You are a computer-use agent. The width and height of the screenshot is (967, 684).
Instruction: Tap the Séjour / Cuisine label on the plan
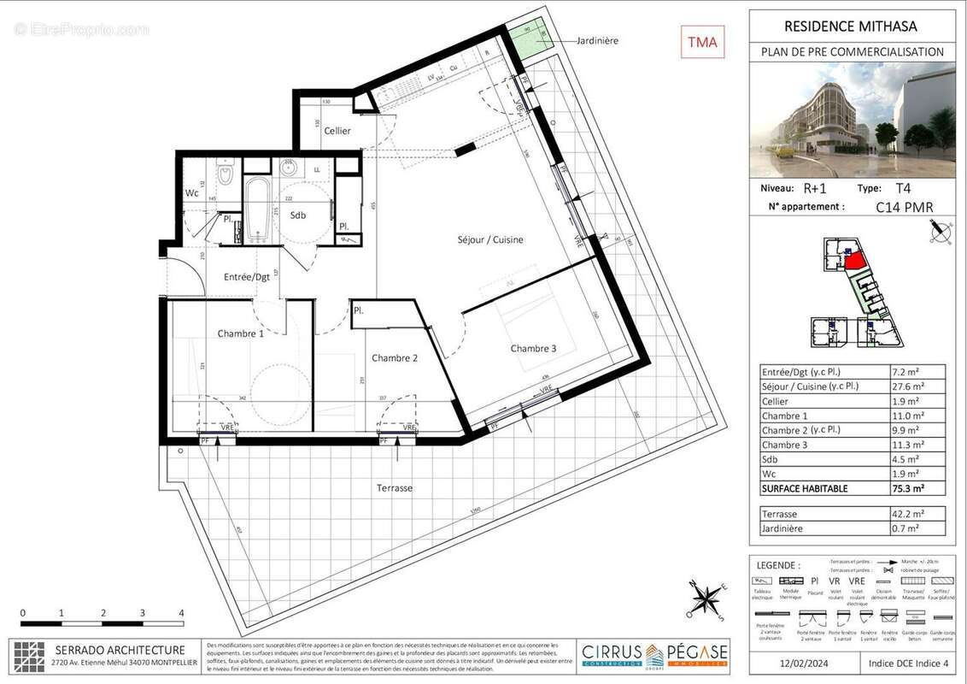[489, 239]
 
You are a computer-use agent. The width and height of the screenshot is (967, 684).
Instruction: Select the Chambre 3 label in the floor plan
[533, 348]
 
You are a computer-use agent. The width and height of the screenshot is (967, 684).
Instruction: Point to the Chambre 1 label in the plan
[240, 333]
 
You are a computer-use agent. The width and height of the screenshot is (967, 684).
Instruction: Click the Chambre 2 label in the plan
[394, 358]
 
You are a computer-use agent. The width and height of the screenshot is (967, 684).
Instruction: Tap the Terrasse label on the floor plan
[395, 488]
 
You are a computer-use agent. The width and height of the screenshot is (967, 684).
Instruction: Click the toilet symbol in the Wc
[226, 175]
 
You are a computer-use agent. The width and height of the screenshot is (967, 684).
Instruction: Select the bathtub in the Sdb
[256, 209]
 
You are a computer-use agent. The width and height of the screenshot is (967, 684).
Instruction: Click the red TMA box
[702, 41]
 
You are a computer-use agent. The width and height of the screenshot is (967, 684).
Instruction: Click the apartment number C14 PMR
[904, 206]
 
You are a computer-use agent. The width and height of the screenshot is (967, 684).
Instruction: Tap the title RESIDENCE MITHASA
[852, 27]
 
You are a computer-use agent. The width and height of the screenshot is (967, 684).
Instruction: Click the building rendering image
[852, 119]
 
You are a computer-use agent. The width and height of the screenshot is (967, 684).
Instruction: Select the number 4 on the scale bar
[181, 613]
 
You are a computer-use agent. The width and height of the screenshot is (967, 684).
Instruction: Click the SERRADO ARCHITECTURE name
[120, 650]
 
